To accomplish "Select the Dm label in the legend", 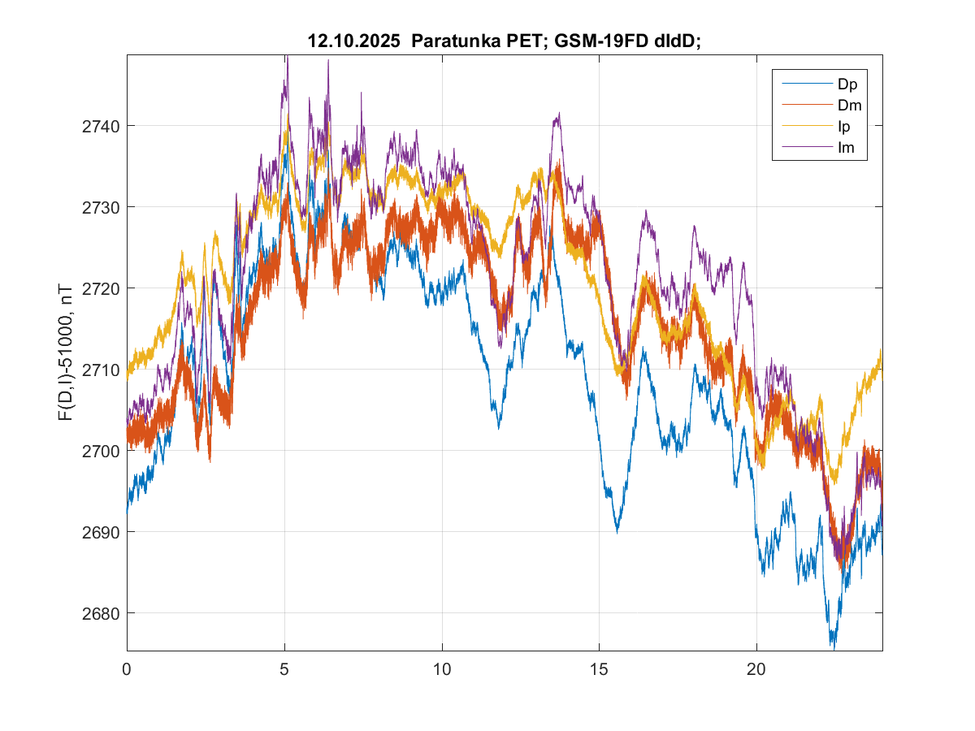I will click(848, 105).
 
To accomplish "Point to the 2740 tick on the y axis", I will click(103, 126).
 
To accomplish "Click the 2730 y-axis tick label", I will click(103, 207).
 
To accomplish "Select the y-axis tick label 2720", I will click(103, 288).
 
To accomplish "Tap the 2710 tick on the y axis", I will click(103, 370).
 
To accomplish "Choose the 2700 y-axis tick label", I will click(103, 451).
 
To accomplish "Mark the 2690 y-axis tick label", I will click(103, 532).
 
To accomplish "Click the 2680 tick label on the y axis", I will click(103, 613).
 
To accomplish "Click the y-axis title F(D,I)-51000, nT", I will click(64, 352).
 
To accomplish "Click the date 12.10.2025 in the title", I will click(355, 41).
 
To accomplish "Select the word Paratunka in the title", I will click(453, 41).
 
